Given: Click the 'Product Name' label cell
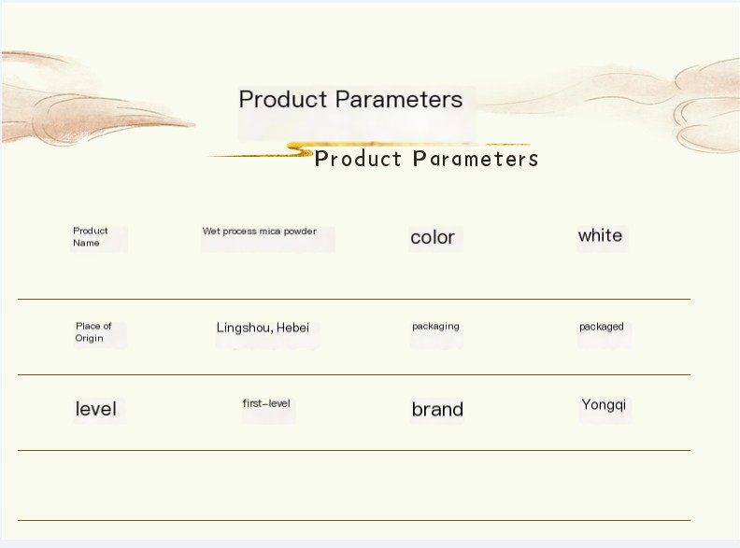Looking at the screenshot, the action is (91, 237).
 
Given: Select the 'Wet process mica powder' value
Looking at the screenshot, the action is (260, 232).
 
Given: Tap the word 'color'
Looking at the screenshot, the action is (433, 237).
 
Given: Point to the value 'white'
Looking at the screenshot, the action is (600, 235).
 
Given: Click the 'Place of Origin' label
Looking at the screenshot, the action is (93, 332).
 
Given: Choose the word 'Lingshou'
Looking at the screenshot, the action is (245, 328).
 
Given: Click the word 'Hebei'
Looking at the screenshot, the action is (293, 328).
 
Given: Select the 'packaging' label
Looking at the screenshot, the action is (435, 327).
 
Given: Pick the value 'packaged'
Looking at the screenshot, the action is (602, 327).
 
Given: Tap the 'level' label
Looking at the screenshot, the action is (96, 408).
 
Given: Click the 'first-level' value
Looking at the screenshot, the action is (266, 403).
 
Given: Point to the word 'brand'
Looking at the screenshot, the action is (437, 409).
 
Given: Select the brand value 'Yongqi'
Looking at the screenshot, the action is (605, 405).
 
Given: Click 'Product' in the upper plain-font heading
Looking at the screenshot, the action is (283, 100).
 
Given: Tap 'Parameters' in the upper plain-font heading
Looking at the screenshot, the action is (399, 100).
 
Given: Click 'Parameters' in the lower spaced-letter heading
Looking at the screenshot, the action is (476, 159).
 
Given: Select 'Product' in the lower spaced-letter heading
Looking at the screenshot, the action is (358, 159).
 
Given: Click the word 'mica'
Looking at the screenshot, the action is (270, 232).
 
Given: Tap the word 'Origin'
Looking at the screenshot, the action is (89, 338).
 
